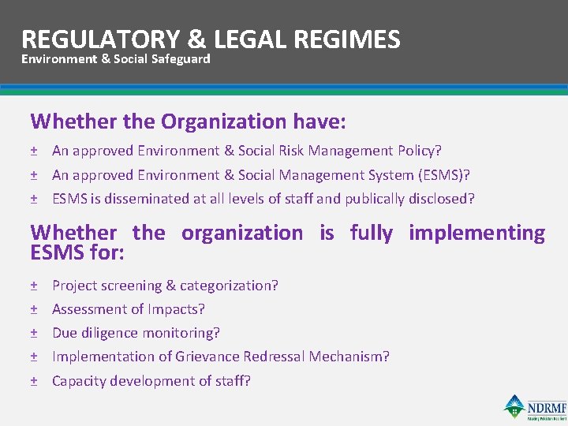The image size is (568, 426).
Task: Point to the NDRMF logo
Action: (536, 408)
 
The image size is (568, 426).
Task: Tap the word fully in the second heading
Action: (371, 233)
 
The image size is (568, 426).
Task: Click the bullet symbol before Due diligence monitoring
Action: (34, 333)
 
